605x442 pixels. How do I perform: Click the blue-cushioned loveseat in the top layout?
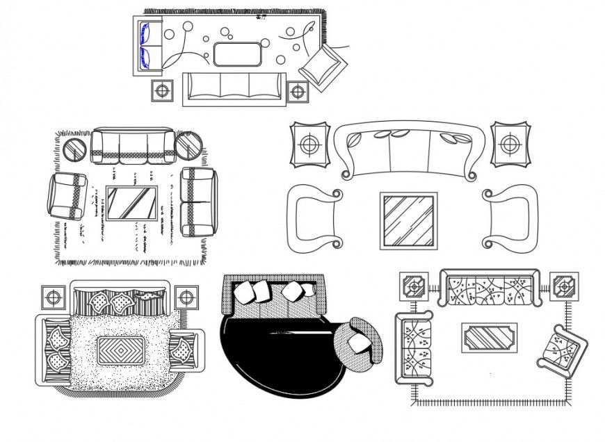point(147,46)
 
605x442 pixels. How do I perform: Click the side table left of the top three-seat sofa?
point(162,90)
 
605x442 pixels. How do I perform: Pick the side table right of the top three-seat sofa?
point(298,90)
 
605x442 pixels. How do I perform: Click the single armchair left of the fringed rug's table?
point(67,195)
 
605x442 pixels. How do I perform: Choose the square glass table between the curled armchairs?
point(408,221)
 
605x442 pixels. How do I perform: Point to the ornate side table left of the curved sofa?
point(309,145)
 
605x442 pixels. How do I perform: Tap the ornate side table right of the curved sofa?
point(510,145)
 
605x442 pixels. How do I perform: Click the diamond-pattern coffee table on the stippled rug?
point(121,350)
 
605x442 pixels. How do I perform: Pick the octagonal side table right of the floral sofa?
point(564,286)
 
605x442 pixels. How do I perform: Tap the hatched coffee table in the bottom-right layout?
point(490,338)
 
